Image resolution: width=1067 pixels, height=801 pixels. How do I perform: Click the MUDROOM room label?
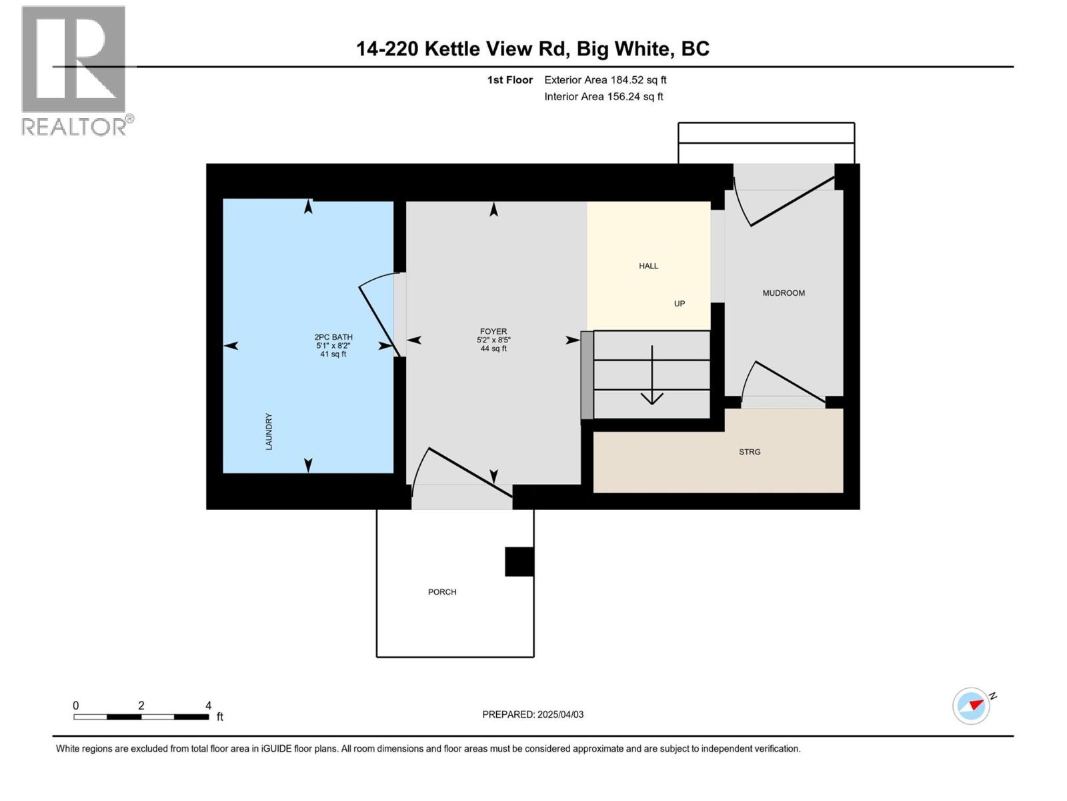pyautogui.click(x=784, y=293)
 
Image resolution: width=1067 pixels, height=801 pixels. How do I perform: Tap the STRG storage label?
pyautogui.click(x=750, y=452)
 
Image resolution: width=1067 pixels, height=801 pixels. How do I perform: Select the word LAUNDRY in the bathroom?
pyautogui.click(x=269, y=431)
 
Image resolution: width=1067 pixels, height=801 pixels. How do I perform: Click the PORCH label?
pyautogui.click(x=442, y=592)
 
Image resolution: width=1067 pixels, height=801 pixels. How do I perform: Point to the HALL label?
pyautogui.click(x=648, y=266)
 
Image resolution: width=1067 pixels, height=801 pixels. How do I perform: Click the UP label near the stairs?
pyautogui.click(x=680, y=304)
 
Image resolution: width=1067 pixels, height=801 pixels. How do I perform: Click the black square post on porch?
pyautogui.click(x=519, y=561)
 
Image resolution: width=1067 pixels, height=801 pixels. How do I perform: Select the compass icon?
pyautogui.click(x=971, y=706)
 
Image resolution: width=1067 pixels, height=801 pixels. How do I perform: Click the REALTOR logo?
pyautogui.click(x=74, y=70)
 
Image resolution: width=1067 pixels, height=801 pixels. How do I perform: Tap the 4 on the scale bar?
pyautogui.click(x=208, y=706)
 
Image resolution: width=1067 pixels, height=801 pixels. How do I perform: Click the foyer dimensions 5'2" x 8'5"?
pyautogui.click(x=493, y=340)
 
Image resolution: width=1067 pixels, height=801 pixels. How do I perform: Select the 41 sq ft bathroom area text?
pyautogui.click(x=333, y=354)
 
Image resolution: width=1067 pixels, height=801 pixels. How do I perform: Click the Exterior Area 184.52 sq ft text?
pyautogui.click(x=605, y=80)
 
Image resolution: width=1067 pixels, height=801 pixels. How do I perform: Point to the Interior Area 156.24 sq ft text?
pyautogui.click(x=604, y=97)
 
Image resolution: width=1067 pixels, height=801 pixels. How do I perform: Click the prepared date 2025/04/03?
pyautogui.click(x=560, y=714)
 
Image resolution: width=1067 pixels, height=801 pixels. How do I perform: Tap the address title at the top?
pyautogui.click(x=532, y=49)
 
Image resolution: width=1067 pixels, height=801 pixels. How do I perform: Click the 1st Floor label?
pyautogui.click(x=509, y=80)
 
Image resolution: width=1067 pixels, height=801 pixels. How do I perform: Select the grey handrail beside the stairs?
pyautogui.click(x=587, y=375)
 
